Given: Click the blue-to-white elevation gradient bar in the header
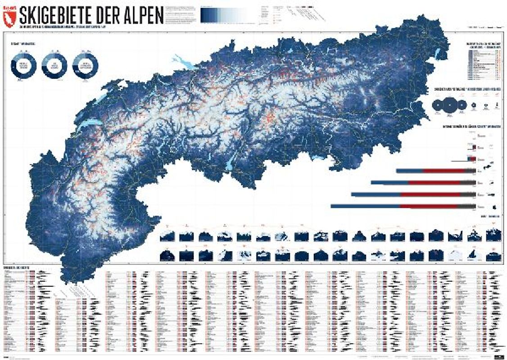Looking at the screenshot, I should coord(225,16).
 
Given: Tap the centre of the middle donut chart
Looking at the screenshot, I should coord(54,65).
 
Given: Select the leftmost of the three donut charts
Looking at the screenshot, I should coord(23,66).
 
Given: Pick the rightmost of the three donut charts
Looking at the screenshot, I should coord(86,65).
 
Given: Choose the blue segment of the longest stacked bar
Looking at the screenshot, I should coord(365,206).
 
